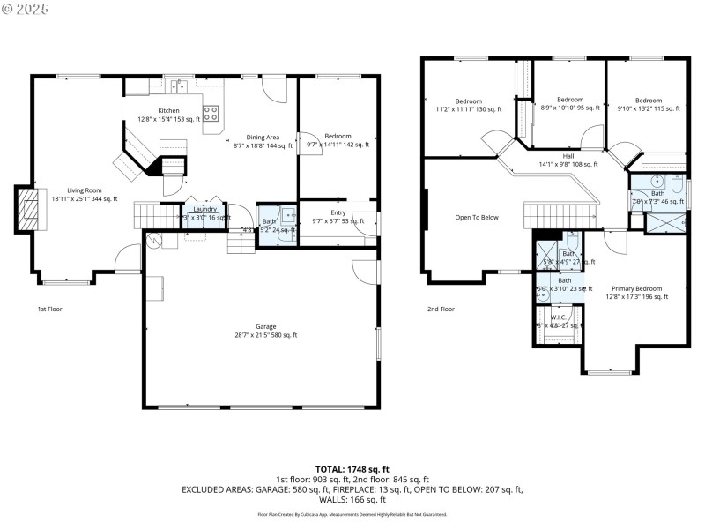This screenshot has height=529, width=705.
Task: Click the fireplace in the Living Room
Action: (x=29, y=209)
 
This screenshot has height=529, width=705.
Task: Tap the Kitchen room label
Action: (x=168, y=110)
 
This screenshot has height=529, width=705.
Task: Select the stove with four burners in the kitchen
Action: (x=211, y=113)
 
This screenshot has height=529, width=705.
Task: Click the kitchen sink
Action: (x=180, y=86)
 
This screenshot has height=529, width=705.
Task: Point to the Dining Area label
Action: (x=263, y=137)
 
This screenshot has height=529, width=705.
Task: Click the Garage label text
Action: (x=266, y=326)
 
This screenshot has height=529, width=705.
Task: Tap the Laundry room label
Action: (x=204, y=209)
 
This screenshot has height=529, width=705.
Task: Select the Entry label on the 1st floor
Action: (x=338, y=212)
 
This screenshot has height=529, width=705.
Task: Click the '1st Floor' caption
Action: (x=49, y=309)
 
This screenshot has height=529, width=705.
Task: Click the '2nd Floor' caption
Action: (x=441, y=309)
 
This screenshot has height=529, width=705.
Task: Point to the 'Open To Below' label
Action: (x=477, y=217)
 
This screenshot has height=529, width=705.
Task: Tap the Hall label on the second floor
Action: (x=568, y=155)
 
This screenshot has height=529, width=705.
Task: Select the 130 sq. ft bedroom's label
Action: (x=468, y=101)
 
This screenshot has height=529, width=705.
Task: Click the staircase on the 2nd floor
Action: (x=560, y=214)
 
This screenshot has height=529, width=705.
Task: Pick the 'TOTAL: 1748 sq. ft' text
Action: (x=352, y=469)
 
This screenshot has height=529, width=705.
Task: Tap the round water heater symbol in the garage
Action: (x=156, y=239)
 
